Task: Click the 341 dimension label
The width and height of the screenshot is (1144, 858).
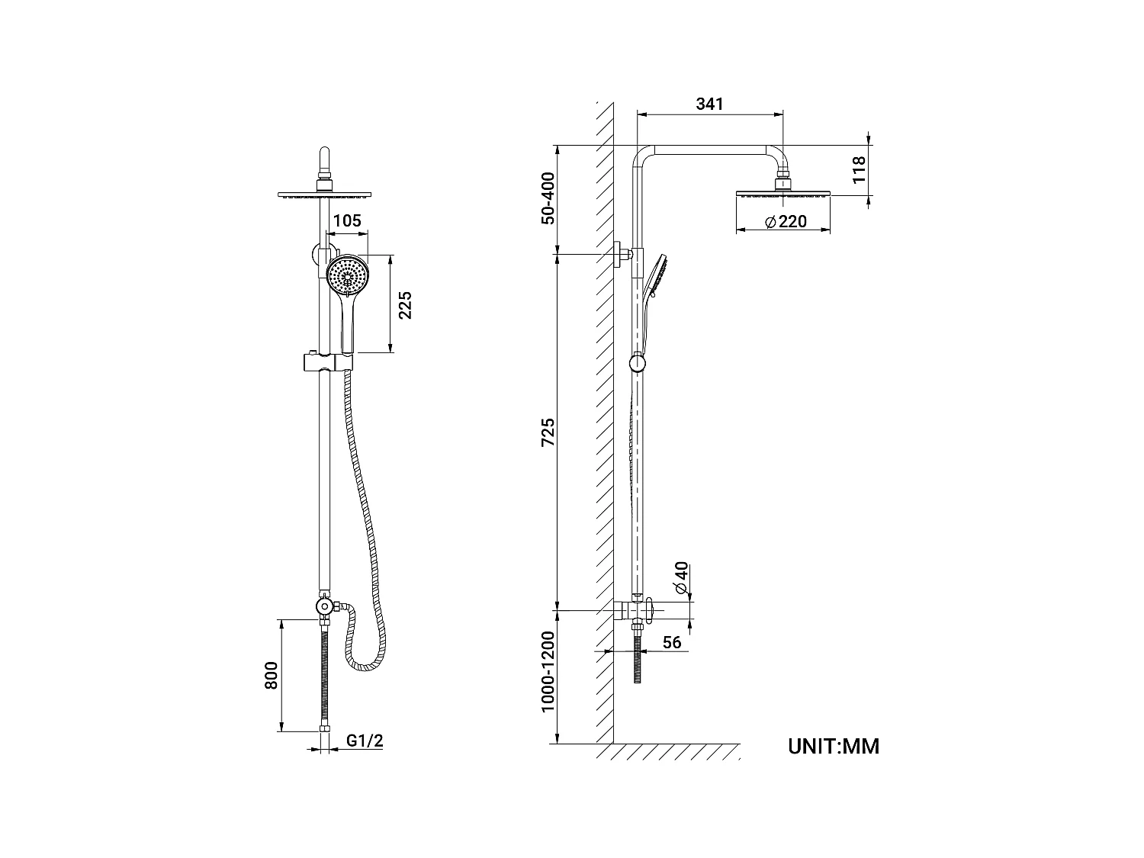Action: click(x=709, y=104)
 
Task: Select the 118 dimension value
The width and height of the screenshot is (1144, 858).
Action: click(x=858, y=169)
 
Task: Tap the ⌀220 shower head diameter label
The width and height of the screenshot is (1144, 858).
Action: click(x=785, y=222)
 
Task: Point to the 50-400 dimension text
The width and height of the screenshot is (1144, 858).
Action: click(x=548, y=198)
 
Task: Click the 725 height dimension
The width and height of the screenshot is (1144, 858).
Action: click(x=548, y=432)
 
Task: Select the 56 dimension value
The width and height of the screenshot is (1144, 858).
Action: click(x=671, y=642)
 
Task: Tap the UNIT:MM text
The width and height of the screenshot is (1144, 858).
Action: click(x=834, y=746)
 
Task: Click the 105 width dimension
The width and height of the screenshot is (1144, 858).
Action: click(x=347, y=221)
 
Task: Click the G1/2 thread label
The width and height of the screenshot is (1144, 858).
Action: click(x=365, y=740)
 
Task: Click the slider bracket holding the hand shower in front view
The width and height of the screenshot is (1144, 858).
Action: click(x=325, y=361)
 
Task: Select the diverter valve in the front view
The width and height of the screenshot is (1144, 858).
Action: click(x=325, y=607)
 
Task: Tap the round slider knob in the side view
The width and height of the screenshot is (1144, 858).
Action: click(x=638, y=364)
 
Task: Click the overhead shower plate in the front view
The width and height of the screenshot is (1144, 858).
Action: click(x=324, y=194)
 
